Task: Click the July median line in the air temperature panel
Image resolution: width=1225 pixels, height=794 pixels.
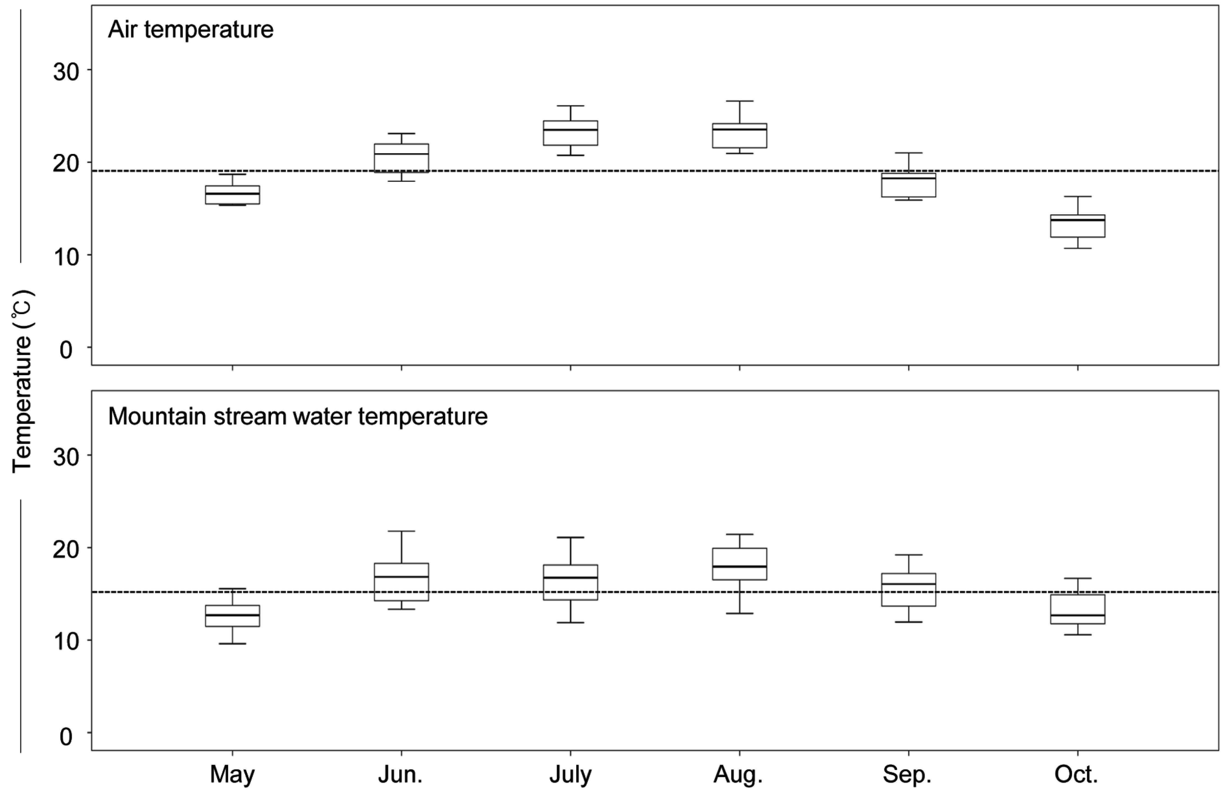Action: (570, 130)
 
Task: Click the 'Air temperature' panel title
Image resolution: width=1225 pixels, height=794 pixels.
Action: (190, 30)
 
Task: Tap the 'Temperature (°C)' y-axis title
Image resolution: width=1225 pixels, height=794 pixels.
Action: (23, 381)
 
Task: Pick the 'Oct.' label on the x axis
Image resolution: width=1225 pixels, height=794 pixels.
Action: (1076, 774)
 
